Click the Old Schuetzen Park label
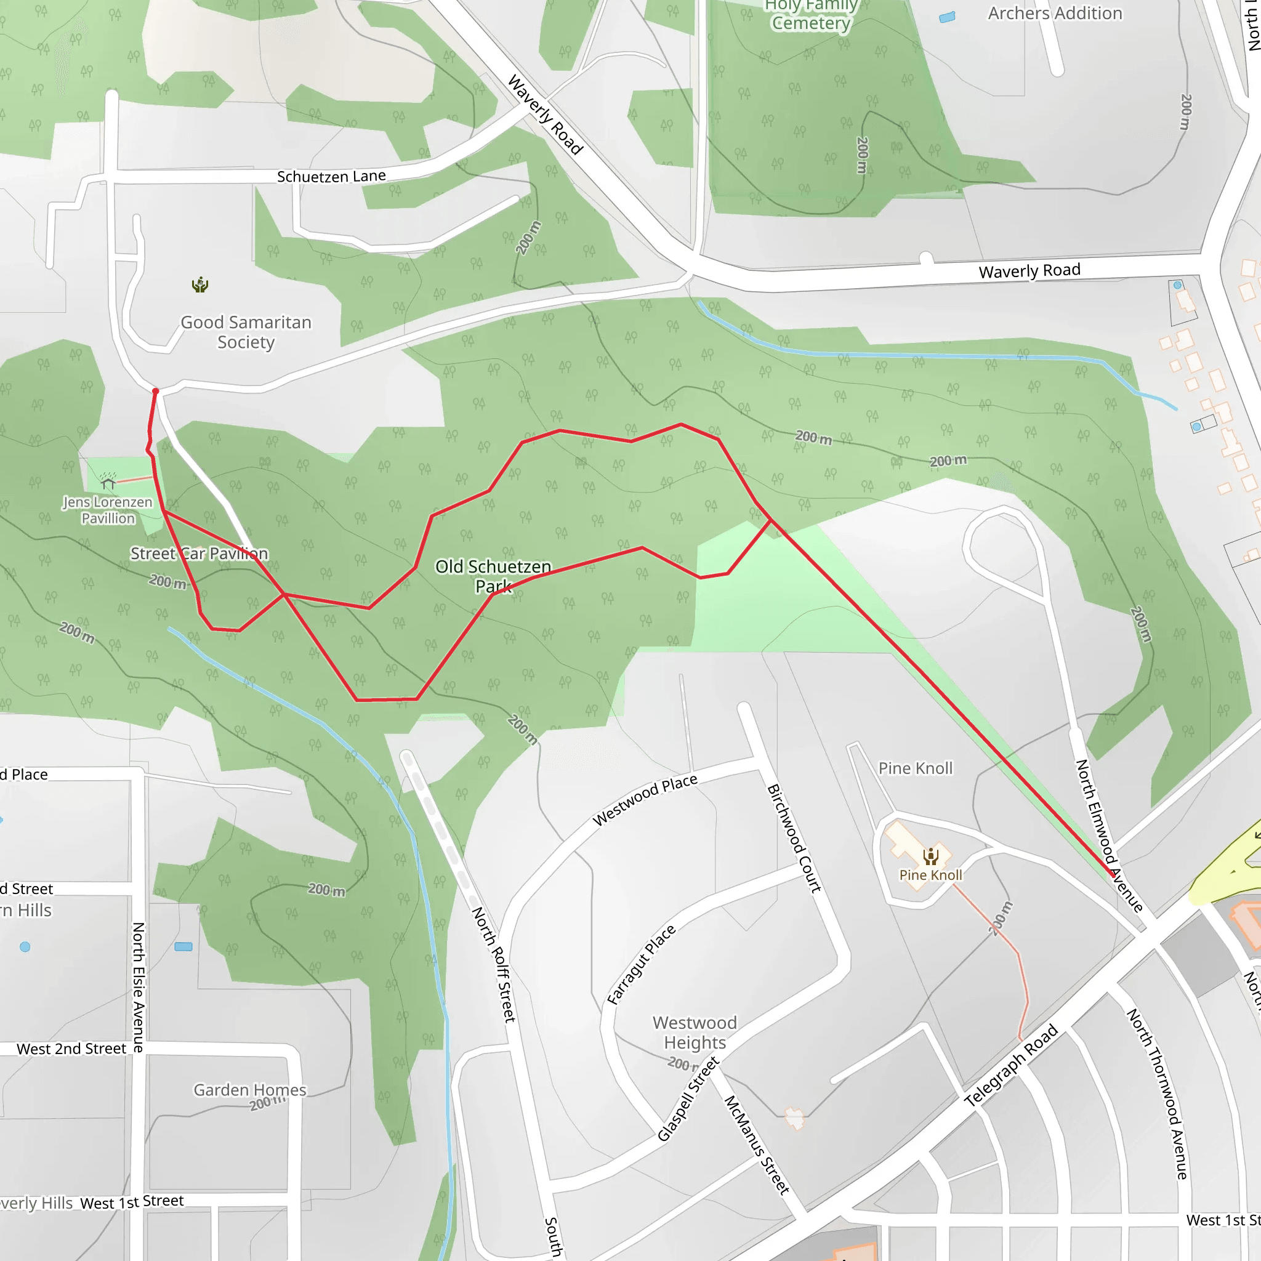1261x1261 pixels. coord(493,576)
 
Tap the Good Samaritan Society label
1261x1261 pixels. coord(246,332)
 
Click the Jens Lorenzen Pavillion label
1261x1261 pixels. coord(108,510)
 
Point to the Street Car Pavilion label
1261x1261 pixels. coord(199,554)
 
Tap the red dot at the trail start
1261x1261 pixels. coord(155,392)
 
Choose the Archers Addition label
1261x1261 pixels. coord(1055,13)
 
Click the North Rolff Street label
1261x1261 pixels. coord(493,964)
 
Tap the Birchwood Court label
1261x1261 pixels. coord(794,838)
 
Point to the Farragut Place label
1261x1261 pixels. coord(641,965)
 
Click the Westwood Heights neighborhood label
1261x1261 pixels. coord(695,1033)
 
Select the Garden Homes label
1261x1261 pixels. coord(249,1090)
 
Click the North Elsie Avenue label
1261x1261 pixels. coord(139,987)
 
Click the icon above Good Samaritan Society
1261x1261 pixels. coord(199,285)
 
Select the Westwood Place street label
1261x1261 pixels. coord(645,800)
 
